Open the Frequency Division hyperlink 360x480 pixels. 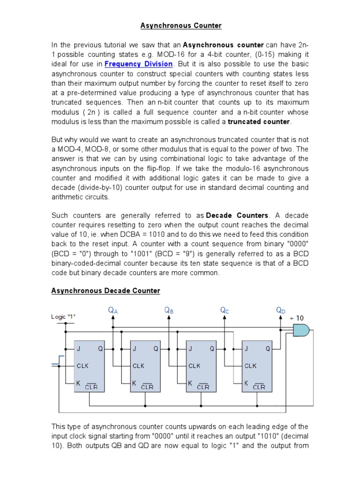click(139, 63)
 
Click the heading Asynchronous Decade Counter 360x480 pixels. click(105, 291)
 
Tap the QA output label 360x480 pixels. click(113, 310)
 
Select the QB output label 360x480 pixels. click(169, 310)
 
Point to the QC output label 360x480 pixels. click(225, 310)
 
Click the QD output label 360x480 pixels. click(281, 310)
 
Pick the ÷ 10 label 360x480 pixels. click(296, 318)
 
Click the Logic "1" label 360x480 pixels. click(63, 317)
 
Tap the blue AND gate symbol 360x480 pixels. click(300, 331)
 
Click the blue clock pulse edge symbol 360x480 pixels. click(58, 360)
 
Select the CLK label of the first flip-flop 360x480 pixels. click(83, 366)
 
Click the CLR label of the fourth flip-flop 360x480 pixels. click(259, 387)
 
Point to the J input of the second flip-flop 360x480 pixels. click(135, 349)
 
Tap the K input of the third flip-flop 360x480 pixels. click(190, 383)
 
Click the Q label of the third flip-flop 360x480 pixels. click(212, 349)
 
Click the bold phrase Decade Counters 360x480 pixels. click(237, 215)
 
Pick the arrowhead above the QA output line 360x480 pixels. click(113, 317)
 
